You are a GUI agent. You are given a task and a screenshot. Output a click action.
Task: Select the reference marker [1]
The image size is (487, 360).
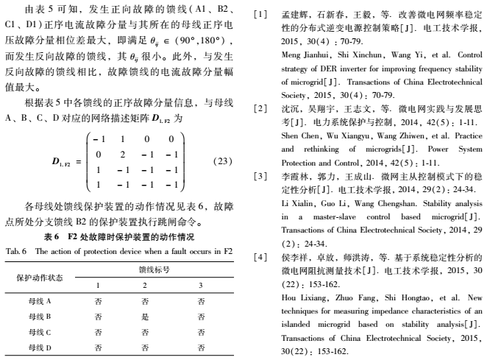point(258,13)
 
